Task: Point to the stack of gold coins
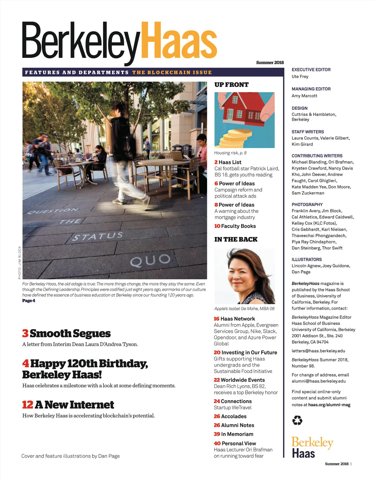(x=235, y=138)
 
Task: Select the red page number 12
(x=27, y=405)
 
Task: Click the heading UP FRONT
(x=231, y=85)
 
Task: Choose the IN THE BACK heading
(x=236, y=239)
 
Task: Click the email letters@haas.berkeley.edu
(x=318, y=351)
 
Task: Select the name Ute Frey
(x=300, y=76)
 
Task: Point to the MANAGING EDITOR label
(x=311, y=89)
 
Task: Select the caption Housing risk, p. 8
(x=230, y=153)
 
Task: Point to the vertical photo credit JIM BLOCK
(x=20, y=262)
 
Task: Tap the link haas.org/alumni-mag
(x=329, y=405)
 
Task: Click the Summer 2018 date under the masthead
(x=270, y=63)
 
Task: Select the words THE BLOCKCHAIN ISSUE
(x=172, y=72)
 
